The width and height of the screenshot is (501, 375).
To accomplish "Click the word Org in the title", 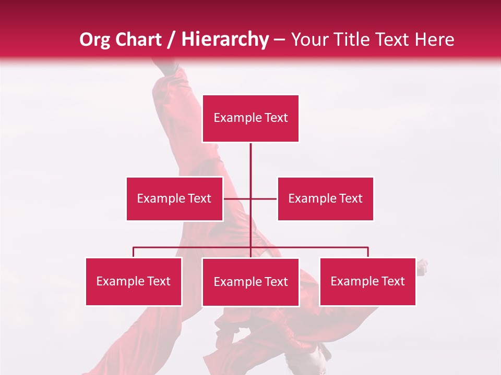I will pyautogui.click(x=95, y=40).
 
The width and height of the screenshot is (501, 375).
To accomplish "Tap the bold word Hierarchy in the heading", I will pyautogui.click(x=225, y=40).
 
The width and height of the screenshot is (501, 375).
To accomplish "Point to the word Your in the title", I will pyautogui.click(x=311, y=40).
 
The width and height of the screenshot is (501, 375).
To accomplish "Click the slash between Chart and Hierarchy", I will pyautogui.click(x=171, y=40).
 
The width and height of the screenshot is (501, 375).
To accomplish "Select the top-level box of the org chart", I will pyautogui.click(x=250, y=118).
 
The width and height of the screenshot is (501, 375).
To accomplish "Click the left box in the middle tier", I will pyautogui.click(x=174, y=198).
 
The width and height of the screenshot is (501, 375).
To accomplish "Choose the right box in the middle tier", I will pyautogui.click(x=326, y=198).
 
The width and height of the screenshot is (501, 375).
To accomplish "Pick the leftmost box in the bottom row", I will pyautogui.click(x=134, y=282).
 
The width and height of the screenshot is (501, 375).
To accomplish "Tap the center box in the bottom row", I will pyautogui.click(x=250, y=282).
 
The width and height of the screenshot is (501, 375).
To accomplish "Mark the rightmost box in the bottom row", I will pyautogui.click(x=367, y=282).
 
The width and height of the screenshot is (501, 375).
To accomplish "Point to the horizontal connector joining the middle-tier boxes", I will pyautogui.click(x=264, y=198).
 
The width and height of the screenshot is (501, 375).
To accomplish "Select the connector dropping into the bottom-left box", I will pyautogui.click(x=134, y=252).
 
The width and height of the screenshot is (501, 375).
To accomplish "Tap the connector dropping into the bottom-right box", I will pyautogui.click(x=368, y=252).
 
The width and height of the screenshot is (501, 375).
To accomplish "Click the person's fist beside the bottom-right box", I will pyautogui.click(x=422, y=267).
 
